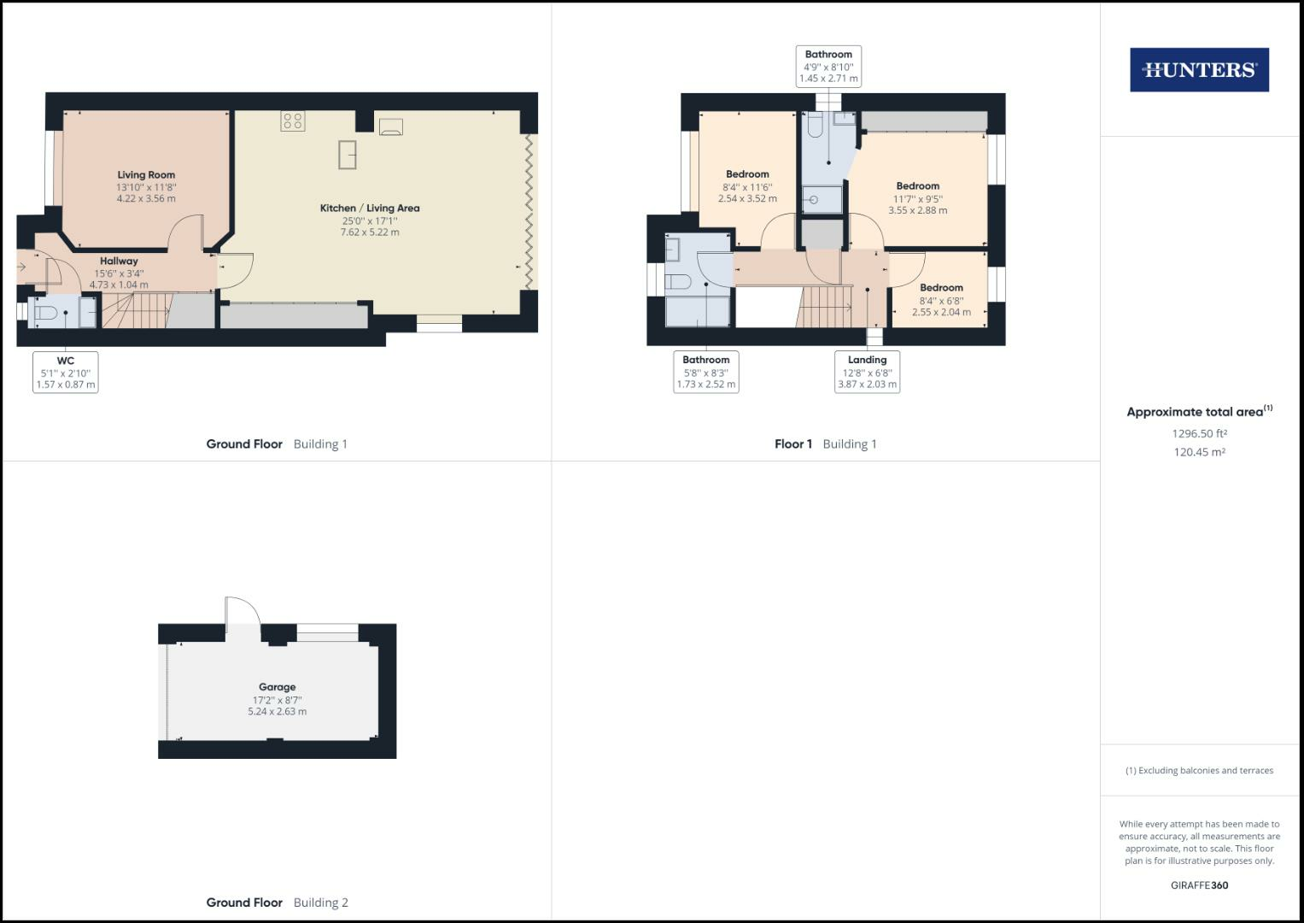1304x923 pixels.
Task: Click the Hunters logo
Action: click(1199, 70)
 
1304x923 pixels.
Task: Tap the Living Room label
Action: click(146, 175)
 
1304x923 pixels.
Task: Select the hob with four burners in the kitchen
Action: click(293, 121)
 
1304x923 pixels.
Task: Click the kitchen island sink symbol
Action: click(348, 155)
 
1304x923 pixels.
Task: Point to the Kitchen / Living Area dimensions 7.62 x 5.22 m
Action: click(370, 232)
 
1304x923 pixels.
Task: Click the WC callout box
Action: click(65, 373)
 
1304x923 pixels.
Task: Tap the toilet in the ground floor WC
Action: click(45, 314)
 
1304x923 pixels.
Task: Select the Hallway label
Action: click(119, 262)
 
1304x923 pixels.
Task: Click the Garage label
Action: click(277, 687)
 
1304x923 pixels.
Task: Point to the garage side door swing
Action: click(242, 613)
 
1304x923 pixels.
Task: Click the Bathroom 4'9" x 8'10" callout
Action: click(827, 67)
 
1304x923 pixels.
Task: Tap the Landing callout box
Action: click(867, 372)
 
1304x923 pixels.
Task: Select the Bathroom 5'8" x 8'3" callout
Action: click(705, 372)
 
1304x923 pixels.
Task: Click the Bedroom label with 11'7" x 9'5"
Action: click(917, 186)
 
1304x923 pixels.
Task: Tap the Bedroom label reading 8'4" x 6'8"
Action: click(941, 288)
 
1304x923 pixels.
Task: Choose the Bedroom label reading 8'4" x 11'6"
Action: click(747, 174)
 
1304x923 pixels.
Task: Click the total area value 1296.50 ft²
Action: click(1199, 433)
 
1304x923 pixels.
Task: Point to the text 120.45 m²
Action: click(1199, 452)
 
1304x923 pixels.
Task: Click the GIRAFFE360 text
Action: click(1199, 885)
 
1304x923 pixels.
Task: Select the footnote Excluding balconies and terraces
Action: click(1199, 770)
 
